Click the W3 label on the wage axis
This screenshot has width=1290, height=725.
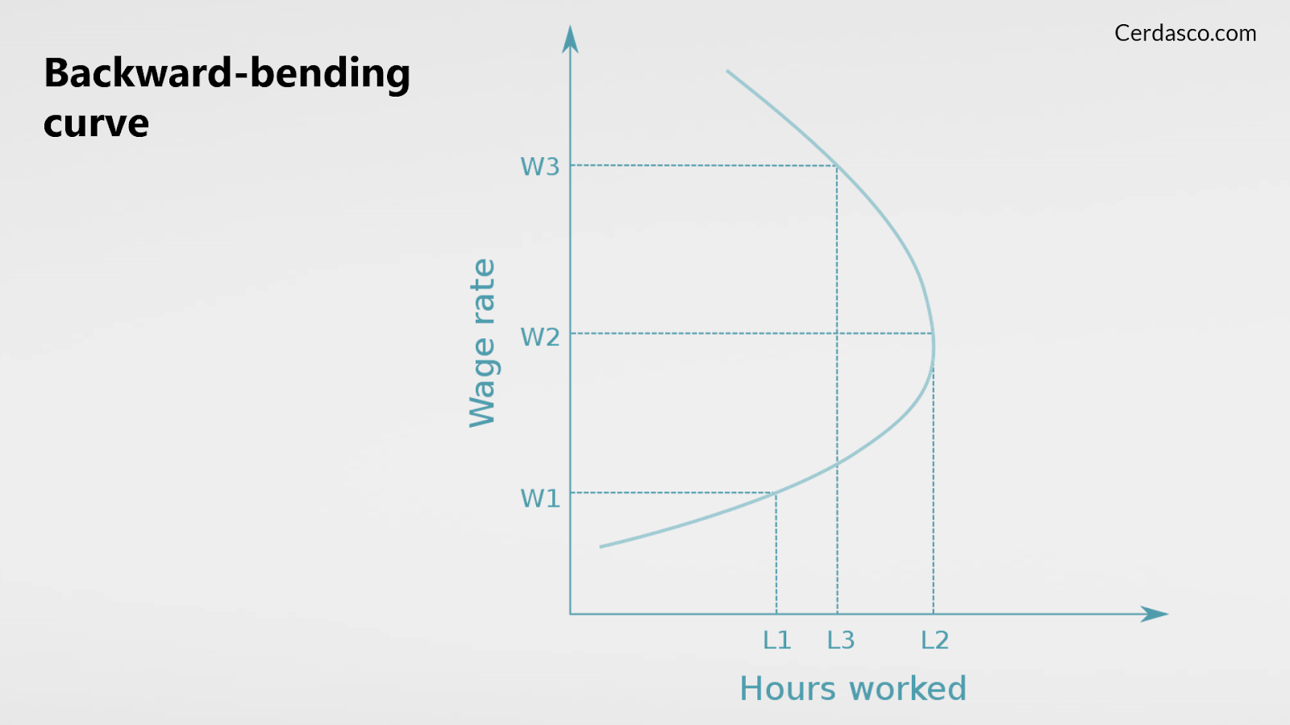tap(539, 166)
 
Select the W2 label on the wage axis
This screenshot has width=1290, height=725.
tap(539, 337)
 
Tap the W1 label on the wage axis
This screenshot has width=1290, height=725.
tap(539, 499)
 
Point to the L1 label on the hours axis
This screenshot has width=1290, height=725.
tap(777, 640)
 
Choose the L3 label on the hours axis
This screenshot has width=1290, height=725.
tap(841, 640)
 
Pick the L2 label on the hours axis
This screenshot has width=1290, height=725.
tap(934, 640)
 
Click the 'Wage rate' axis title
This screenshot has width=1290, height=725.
tap(483, 343)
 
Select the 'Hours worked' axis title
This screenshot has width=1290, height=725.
tap(853, 688)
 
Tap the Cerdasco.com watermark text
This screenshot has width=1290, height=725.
tap(1185, 33)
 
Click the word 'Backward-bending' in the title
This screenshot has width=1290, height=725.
tap(227, 73)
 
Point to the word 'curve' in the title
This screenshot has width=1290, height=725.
tap(96, 123)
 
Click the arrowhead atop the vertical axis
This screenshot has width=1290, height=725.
tap(570, 39)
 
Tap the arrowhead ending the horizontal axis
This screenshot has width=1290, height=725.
tap(1154, 614)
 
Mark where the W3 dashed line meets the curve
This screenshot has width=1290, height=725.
tap(837, 166)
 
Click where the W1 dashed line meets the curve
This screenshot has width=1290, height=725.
tap(776, 492)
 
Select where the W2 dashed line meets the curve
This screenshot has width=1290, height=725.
tap(933, 333)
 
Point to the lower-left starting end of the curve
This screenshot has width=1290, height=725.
tap(601, 546)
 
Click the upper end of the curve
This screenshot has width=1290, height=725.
tap(727, 71)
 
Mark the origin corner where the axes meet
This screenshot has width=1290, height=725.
tap(570, 614)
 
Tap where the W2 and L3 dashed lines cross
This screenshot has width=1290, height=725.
tap(837, 333)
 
